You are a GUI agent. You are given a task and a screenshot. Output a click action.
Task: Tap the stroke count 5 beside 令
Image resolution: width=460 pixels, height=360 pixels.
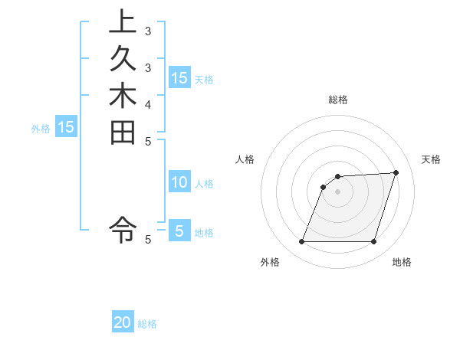point(149,240)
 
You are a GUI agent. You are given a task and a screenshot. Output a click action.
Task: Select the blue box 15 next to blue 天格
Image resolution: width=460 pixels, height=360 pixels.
point(179,77)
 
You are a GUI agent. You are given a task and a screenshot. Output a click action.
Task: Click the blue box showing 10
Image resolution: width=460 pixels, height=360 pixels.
point(179,182)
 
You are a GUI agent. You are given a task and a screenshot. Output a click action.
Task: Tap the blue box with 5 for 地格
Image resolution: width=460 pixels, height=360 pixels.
point(179,231)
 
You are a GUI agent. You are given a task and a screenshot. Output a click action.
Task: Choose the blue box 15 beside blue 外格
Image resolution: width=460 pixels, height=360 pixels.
point(66,127)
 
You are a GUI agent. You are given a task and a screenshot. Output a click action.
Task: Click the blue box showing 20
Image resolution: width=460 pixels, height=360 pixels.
point(123,322)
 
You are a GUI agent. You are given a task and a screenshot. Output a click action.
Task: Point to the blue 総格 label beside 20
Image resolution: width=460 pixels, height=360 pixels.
point(147,324)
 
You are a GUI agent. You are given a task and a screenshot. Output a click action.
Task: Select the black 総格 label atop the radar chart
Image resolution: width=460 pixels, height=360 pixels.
point(337,100)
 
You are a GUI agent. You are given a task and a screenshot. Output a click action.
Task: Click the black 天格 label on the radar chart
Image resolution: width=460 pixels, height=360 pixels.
point(431,159)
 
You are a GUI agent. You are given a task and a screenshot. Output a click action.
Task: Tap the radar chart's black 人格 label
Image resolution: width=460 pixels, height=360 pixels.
point(245,159)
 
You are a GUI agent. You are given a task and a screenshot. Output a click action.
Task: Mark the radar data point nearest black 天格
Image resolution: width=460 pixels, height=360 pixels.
point(396,172)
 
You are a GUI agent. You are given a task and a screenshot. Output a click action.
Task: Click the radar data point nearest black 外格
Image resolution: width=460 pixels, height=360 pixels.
point(301,242)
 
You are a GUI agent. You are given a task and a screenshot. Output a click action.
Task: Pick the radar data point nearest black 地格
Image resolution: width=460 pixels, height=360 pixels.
point(373,242)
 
